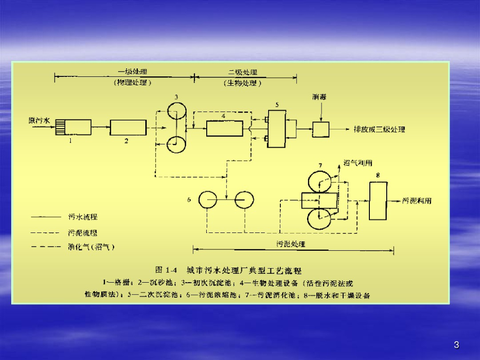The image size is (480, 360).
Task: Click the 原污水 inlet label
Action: coord(39,120)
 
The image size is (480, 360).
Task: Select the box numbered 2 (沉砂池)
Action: coord(128,127)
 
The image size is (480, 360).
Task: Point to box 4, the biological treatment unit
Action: coord(224,127)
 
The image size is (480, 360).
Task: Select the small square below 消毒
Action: coord(321,128)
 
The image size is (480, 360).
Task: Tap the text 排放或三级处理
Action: coord(379,129)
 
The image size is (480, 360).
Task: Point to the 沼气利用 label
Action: coord(359,163)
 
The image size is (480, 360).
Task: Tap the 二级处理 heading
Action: coord(243,73)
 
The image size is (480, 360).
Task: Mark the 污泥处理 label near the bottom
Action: coord(291,244)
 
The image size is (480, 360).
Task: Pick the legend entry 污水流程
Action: coord(83,217)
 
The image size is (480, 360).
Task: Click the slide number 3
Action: coord(457,345)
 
